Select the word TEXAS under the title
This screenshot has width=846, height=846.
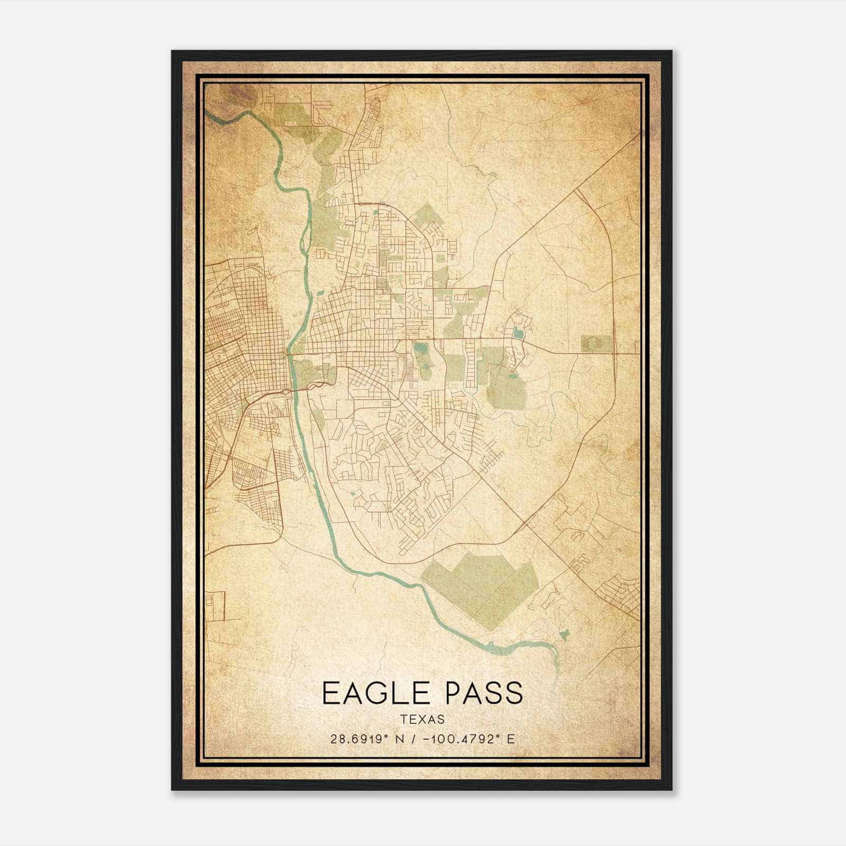[422, 719]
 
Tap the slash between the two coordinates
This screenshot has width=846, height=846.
[414, 739]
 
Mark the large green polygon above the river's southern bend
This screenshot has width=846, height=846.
[481, 587]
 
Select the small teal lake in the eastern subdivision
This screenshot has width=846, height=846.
[517, 333]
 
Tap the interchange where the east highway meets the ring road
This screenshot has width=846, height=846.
[615, 352]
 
